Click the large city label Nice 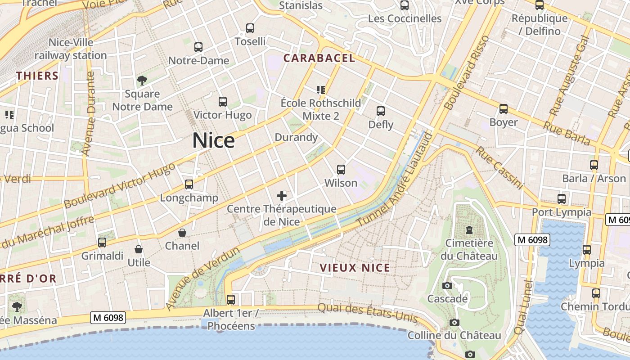click(x=213, y=141)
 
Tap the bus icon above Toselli click(x=250, y=28)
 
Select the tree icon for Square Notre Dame click(x=142, y=81)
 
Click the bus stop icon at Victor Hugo click(x=223, y=102)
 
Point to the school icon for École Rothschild click(x=321, y=90)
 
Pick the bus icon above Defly click(x=381, y=111)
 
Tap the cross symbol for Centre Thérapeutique click(x=282, y=196)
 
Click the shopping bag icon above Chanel click(x=182, y=233)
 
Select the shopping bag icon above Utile click(x=139, y=249)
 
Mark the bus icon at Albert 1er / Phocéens click(x=231, y=299)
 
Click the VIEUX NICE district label click(x=355, y=268)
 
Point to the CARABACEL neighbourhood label click(x=319, y=58)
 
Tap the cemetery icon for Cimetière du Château click(x=469, y=230)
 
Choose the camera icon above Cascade click(x=447, y=286)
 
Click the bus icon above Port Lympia click(x=561, y=199)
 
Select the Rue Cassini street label click(x=500, y=167)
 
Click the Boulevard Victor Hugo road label click(x=119, y=185)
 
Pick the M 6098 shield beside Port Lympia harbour click(x=533, y=240)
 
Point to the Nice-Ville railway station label click(x=71, y=49)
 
